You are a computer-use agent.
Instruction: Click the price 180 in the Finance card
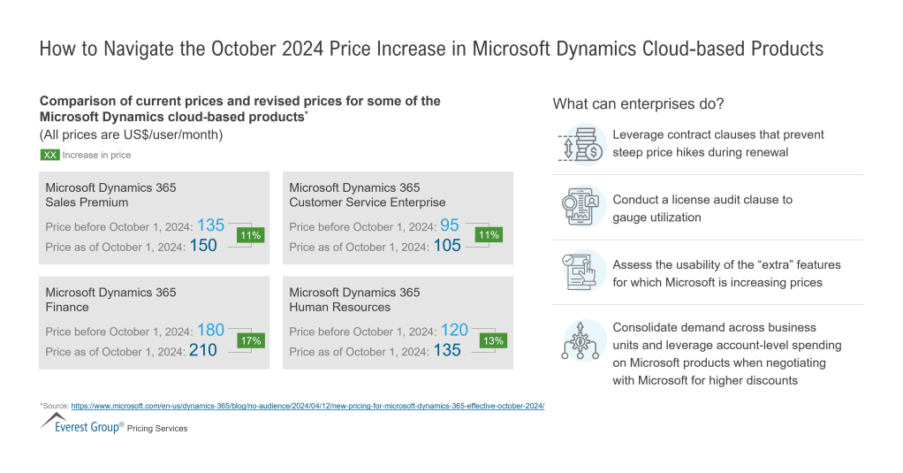point(210,331)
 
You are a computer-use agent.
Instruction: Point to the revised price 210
point(203,351)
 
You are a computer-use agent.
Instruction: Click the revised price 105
point(447,247)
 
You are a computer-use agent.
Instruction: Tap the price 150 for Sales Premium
point(203,247)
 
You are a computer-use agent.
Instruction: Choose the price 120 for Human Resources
point(454,331)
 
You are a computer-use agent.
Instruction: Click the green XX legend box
point(49,155)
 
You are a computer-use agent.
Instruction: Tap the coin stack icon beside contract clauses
point(581,144)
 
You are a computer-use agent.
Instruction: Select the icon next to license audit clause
point(581,208)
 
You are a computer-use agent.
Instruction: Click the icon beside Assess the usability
point(581,271)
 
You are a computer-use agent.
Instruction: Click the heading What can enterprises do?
point(638,103)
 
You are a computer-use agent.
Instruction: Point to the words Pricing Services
point(157,429)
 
